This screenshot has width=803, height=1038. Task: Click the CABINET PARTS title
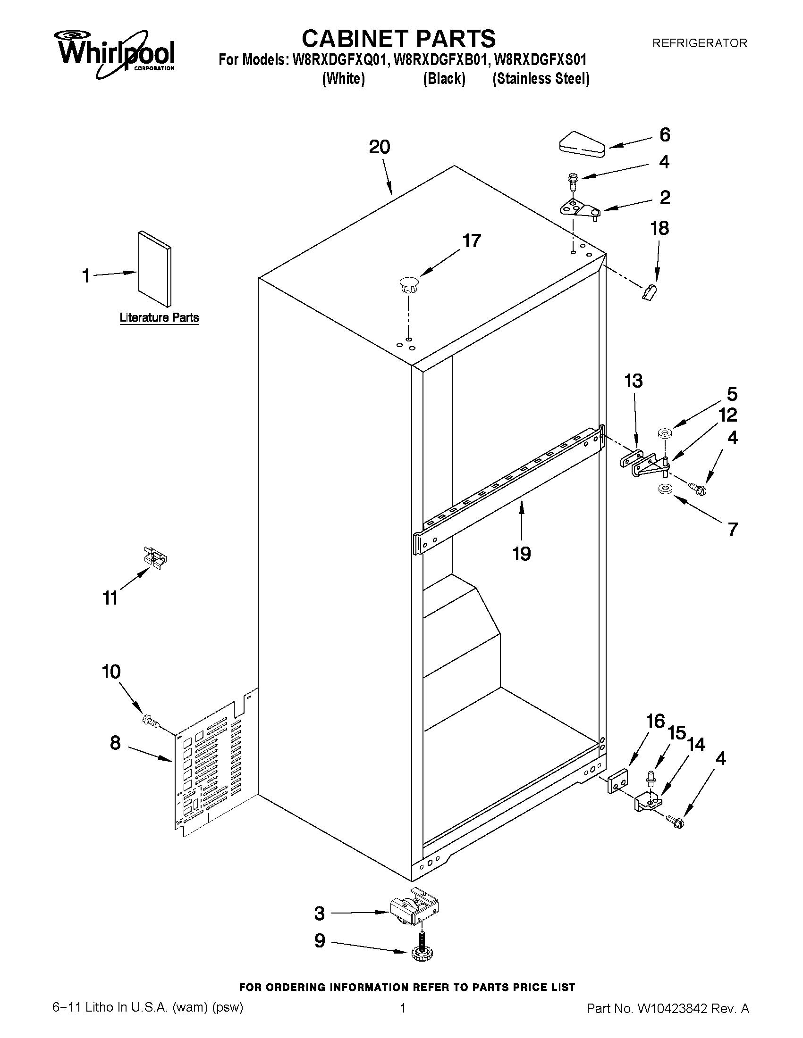tap(398, 39)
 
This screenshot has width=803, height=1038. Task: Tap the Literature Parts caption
tap(159, 317)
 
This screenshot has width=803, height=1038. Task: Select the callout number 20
tap(379, 147)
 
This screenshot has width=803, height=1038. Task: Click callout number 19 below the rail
tap(521, 554)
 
